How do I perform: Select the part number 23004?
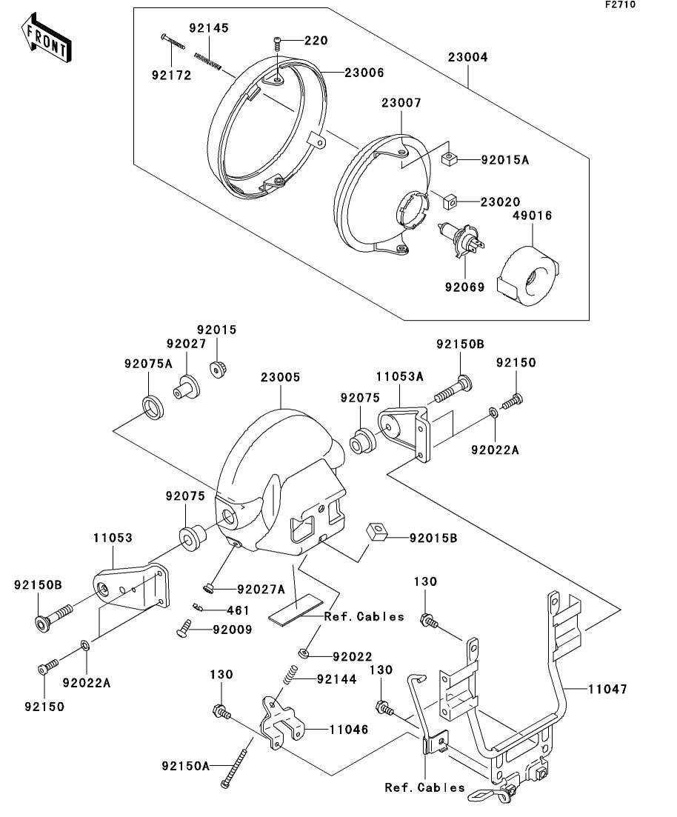467,57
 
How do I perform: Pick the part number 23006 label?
364,73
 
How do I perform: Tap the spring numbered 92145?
208,60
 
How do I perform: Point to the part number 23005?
280,377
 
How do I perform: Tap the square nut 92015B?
378,532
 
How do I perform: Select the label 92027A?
261,590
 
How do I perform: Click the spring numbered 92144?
291,675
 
